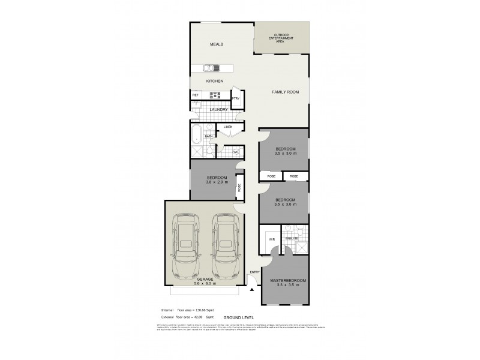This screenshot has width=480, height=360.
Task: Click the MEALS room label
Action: click(x=216, y=45)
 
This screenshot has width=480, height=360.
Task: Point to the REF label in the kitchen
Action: click(x=195, y=95)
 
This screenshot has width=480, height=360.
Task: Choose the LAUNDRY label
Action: click(x=218, y=109)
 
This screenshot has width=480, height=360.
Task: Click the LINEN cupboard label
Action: click(x=227, y=127)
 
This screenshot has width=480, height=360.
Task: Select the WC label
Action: click(x=236, y=152)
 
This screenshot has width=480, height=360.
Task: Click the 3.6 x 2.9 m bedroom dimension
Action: click(x=217, y=182)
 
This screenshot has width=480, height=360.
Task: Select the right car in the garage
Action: click(x=223, y=246)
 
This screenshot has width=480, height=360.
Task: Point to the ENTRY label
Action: click(x=254, y=273)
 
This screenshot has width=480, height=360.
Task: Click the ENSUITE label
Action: click(x=291, y=239)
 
